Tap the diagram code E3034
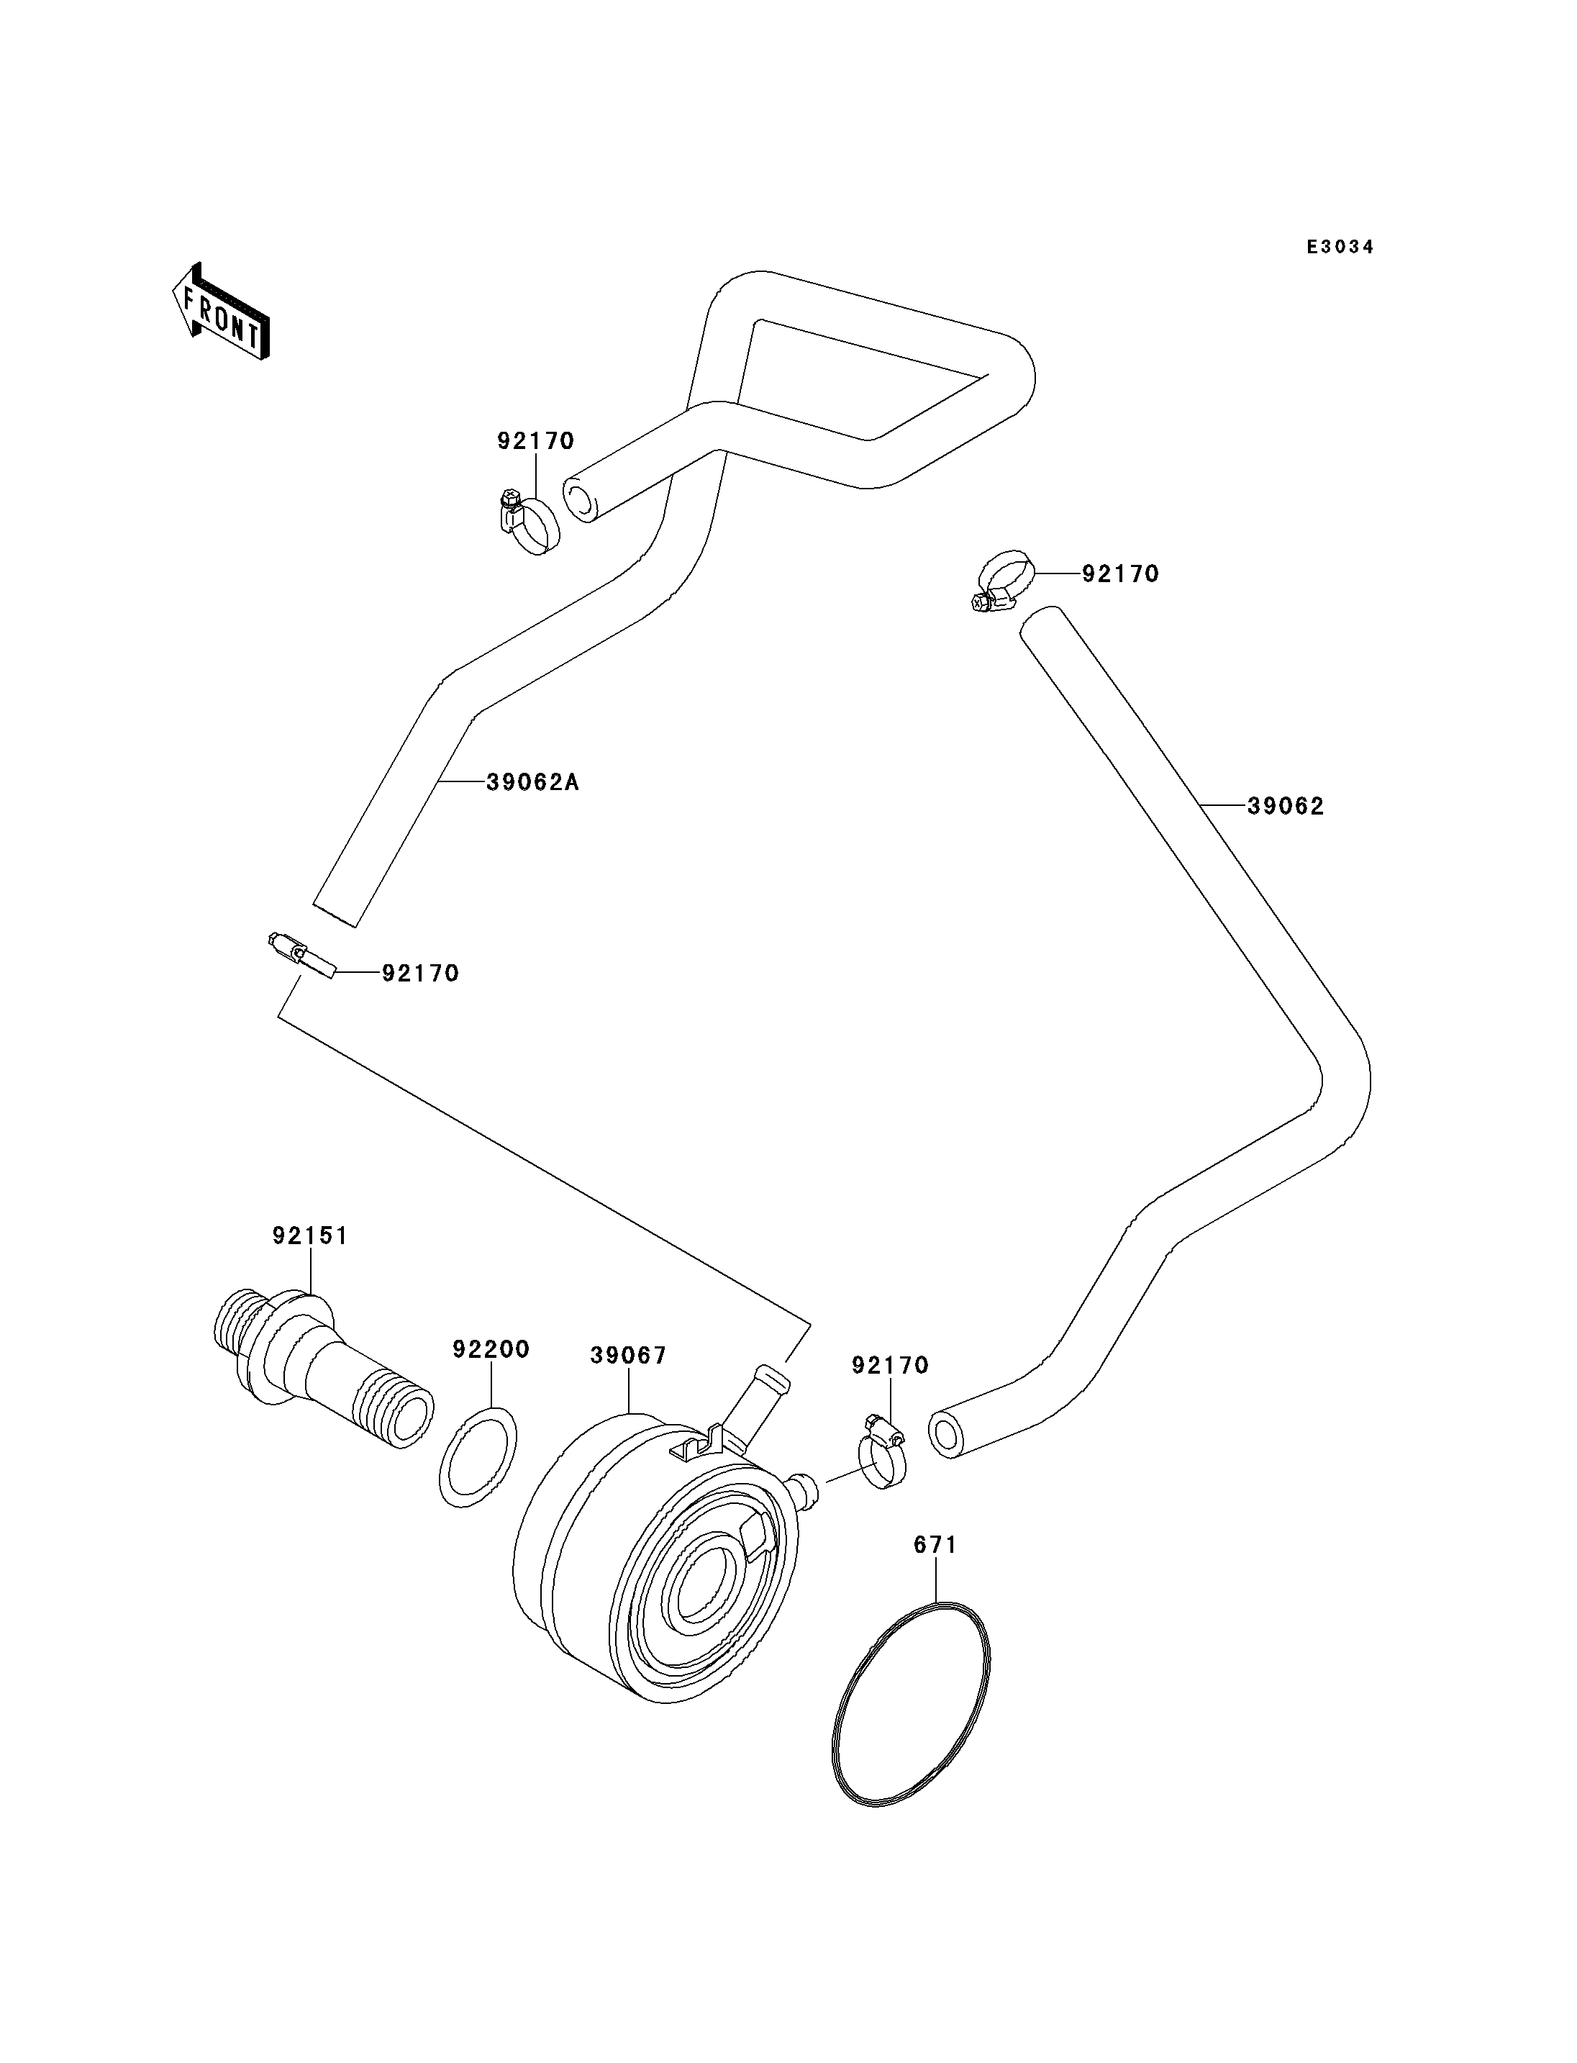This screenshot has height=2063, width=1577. tap(1340, 247)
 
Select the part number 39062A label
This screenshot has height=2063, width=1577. tap(532, 781)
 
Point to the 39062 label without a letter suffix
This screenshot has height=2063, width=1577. tap(1285, 806)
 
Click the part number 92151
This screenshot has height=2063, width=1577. tap(310, 1235)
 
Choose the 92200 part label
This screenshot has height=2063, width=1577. tap(491, 1349)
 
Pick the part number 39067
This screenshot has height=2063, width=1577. tap(628, 1356)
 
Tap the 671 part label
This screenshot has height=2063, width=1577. tap(935, 1545)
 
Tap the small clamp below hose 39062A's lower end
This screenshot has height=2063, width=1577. tap(301, 956)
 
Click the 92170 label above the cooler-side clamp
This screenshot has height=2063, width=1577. tap(890, 1365)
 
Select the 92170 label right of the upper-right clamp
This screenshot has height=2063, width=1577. tap(1121, 573)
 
